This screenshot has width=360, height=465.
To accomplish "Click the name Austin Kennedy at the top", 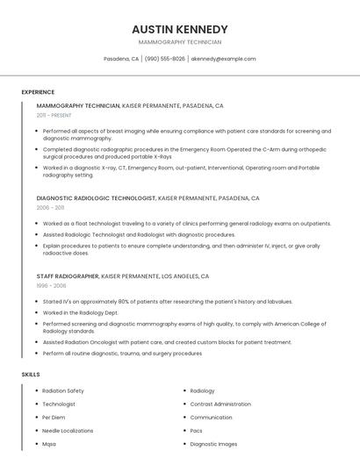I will point(180,29).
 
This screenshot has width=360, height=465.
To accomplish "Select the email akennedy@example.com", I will point(223,59).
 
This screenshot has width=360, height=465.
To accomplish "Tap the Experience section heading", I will point(38,92).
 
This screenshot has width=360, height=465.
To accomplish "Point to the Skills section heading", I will point(31,375).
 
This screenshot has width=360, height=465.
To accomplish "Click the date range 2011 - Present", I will point(54,115).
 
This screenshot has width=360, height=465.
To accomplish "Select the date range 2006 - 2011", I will point(50,208).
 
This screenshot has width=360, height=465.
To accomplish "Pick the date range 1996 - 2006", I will point(51,285).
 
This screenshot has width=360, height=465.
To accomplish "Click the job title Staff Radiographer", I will point(68,275).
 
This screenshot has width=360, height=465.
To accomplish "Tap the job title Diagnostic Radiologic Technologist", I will point(96,198).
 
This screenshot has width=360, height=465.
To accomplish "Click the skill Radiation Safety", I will point(63,390).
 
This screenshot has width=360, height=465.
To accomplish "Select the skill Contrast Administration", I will point(220,404).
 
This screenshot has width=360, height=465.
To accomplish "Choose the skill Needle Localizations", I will point(68,431).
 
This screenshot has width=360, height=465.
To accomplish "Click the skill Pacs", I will point(197,431).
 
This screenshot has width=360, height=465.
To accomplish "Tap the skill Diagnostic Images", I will point(213,444).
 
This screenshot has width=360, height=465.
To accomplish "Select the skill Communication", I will point(211,417).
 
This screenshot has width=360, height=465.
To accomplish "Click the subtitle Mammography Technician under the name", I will point(180,42).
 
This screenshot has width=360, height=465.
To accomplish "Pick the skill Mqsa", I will point(49,444).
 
